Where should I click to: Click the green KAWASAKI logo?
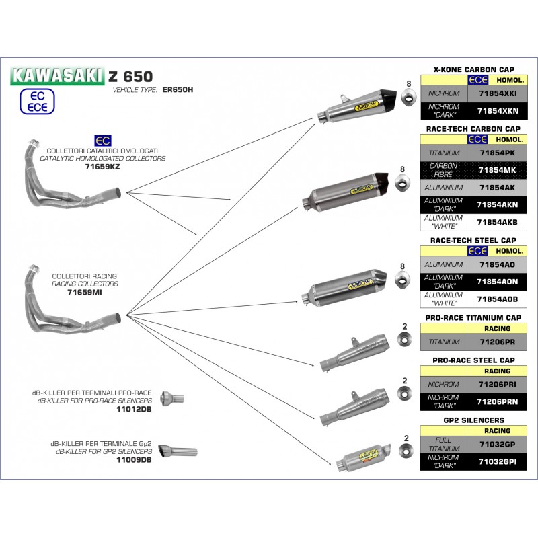pos(57,75)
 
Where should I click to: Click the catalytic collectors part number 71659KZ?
pos(102,165)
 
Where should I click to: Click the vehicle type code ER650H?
pos(178,89)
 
